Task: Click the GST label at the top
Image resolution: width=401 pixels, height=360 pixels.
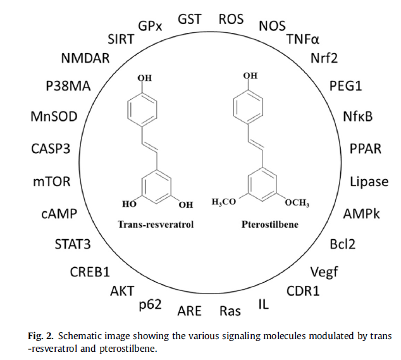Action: coord(190,19)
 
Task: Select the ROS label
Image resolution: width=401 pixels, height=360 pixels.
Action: coord(231,19)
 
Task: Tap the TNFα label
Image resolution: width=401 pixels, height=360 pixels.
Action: coord(303,39)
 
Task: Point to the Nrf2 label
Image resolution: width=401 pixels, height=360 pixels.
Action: coord(324,58)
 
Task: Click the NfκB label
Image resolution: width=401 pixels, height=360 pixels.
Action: coord(357,116)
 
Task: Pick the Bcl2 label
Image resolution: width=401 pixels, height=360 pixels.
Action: coord(343,244)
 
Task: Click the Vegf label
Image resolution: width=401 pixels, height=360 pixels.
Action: coord(324,273)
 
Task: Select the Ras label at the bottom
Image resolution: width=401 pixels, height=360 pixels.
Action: coord(230,311)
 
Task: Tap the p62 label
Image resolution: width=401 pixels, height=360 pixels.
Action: coord(151,305)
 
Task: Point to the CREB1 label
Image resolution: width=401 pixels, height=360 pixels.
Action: coord(90,272)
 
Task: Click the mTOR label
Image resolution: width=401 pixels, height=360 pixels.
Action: coord(52,182)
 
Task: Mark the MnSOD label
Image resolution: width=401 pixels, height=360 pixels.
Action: coord(54,116)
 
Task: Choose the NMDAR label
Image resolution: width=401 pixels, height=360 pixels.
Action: coord(85,58)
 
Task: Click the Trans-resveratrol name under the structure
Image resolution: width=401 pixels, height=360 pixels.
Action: coord(156,225)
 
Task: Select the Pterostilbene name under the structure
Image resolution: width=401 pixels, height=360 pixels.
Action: coord(270,225)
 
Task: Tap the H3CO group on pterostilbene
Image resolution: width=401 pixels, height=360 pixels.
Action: coord(223,202)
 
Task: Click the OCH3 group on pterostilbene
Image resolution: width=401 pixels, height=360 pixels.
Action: coord(297,202)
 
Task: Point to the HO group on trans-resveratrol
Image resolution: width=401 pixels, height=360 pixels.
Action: coord(130,204)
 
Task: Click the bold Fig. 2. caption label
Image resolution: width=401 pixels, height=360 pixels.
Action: coord(41,336)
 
